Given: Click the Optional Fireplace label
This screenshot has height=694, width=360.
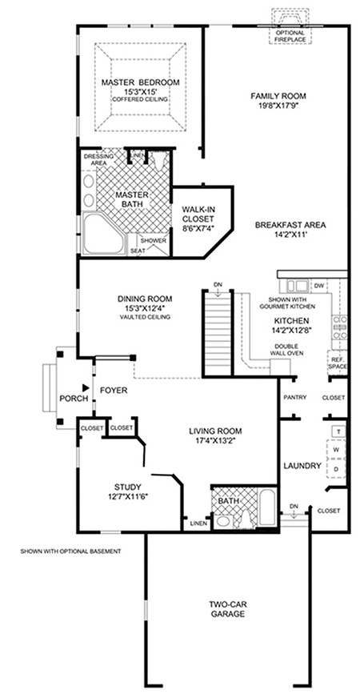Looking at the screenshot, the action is click(x=290, y=36).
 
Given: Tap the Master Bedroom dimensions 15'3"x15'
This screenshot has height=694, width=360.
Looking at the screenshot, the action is click(x=140, y=91).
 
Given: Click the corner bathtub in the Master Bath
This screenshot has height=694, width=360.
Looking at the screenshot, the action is click(x=104, y=235).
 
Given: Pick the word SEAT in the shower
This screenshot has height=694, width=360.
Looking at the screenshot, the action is click(x=135, y=251).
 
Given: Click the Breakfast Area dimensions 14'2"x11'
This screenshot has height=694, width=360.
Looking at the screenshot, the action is click(x=290, y=235).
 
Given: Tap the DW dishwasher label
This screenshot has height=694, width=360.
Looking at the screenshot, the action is click(x=318, y=286).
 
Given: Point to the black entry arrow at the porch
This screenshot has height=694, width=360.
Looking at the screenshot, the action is click(x=86, y=387).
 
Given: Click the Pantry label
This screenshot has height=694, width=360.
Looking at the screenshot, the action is click(x=295, y=398).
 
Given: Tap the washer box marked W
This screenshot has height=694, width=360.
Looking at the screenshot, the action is click(x=336, y=450).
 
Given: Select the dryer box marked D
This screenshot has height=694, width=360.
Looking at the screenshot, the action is click(x=336, y=468).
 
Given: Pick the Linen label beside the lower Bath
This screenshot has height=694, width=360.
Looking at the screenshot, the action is click(x=198, y=524).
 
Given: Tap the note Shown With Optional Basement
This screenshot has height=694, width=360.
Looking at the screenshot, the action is click(x=70, y=552).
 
